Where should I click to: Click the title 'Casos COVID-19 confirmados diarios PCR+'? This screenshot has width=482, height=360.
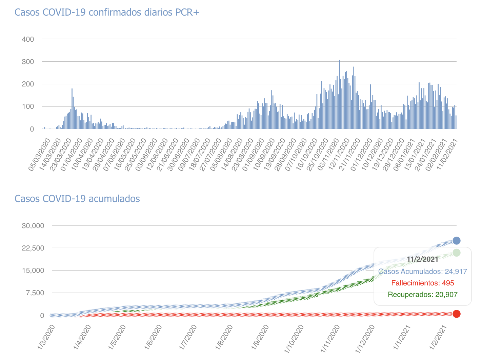(107, 13)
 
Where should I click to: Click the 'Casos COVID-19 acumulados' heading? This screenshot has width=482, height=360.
(77, 199)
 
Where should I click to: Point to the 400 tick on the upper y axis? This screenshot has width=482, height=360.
(28, 39)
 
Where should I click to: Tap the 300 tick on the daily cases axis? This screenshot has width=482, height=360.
(28, 62)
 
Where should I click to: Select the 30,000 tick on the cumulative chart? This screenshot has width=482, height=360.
(33, 226)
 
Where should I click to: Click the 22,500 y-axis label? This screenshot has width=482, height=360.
(33, 248)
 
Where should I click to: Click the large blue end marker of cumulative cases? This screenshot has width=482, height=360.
(457, 241)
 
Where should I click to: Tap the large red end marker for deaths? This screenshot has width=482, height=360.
(457, 314)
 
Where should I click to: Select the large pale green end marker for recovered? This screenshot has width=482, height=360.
(457, 253)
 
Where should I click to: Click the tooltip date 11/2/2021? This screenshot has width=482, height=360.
(422, 259)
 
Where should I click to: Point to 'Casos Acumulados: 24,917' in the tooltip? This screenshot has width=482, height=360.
(422, 272)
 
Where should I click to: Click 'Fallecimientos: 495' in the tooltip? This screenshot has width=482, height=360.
(422, 283)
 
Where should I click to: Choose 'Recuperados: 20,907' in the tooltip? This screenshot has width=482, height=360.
(422, 295)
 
